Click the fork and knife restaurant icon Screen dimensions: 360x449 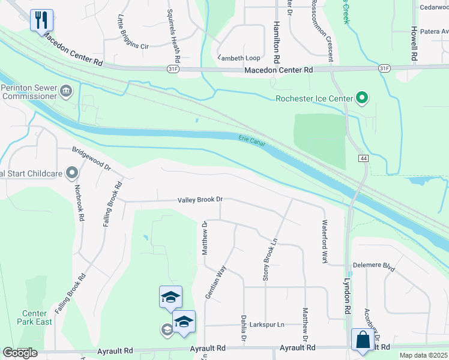pos(41,20)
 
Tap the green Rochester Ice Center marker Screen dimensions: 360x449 pos(361,97)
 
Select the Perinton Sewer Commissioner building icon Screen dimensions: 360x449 pos(65,91)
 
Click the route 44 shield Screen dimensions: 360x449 pos(364,158)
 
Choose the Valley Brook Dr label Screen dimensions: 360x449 pos(200,199)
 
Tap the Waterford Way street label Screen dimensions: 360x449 pos(324,242)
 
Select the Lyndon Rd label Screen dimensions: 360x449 pos(347,294)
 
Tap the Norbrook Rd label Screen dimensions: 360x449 pos(77,203)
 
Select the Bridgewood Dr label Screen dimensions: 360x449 pos(91,158)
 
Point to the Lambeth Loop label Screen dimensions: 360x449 pos(238,58)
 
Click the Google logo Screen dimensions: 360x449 pos(20,352)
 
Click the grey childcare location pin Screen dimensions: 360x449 pos(72,174)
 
